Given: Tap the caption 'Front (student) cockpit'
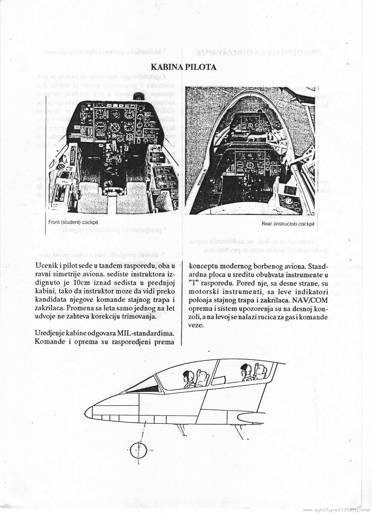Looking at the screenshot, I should [x=73, y=222].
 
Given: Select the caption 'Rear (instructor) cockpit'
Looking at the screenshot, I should [x=288, y=224].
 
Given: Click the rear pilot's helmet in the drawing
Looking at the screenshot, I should [x=246, y=367].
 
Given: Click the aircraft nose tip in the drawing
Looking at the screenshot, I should [x=87, y=412].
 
